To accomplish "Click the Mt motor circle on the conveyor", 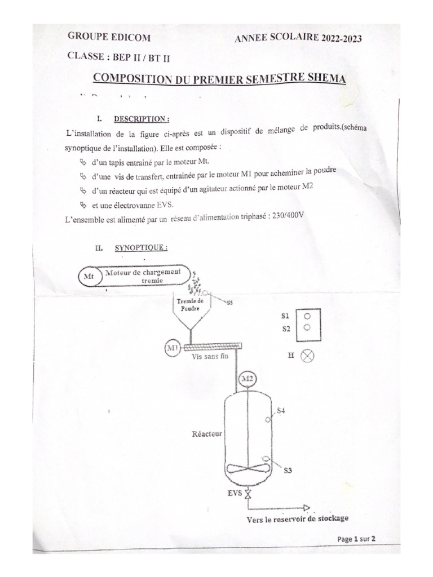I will click(89, 277).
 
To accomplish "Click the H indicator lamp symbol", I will click(308, 355).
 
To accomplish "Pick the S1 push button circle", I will click(307, 316).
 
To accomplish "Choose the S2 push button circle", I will click(307, 327).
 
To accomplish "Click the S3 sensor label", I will click(287, 469).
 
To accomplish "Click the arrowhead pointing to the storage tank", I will click(306, 507).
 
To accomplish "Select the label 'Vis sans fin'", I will click(209, 357).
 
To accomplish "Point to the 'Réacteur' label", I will click(207, 434).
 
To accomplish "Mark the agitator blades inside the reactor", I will click(246, 468).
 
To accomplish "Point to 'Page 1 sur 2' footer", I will click(356, 539).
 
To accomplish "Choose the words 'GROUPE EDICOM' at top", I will click(109, 37).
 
